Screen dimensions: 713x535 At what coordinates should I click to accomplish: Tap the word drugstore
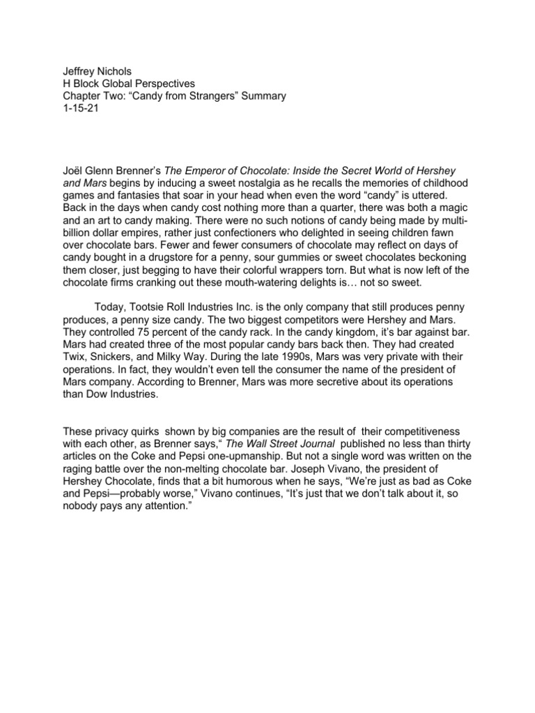[189, 260]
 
